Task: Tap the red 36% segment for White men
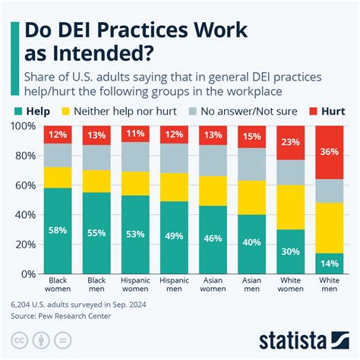[330, 152]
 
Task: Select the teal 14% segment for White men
[330, 264]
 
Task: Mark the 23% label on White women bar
[292, 142]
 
